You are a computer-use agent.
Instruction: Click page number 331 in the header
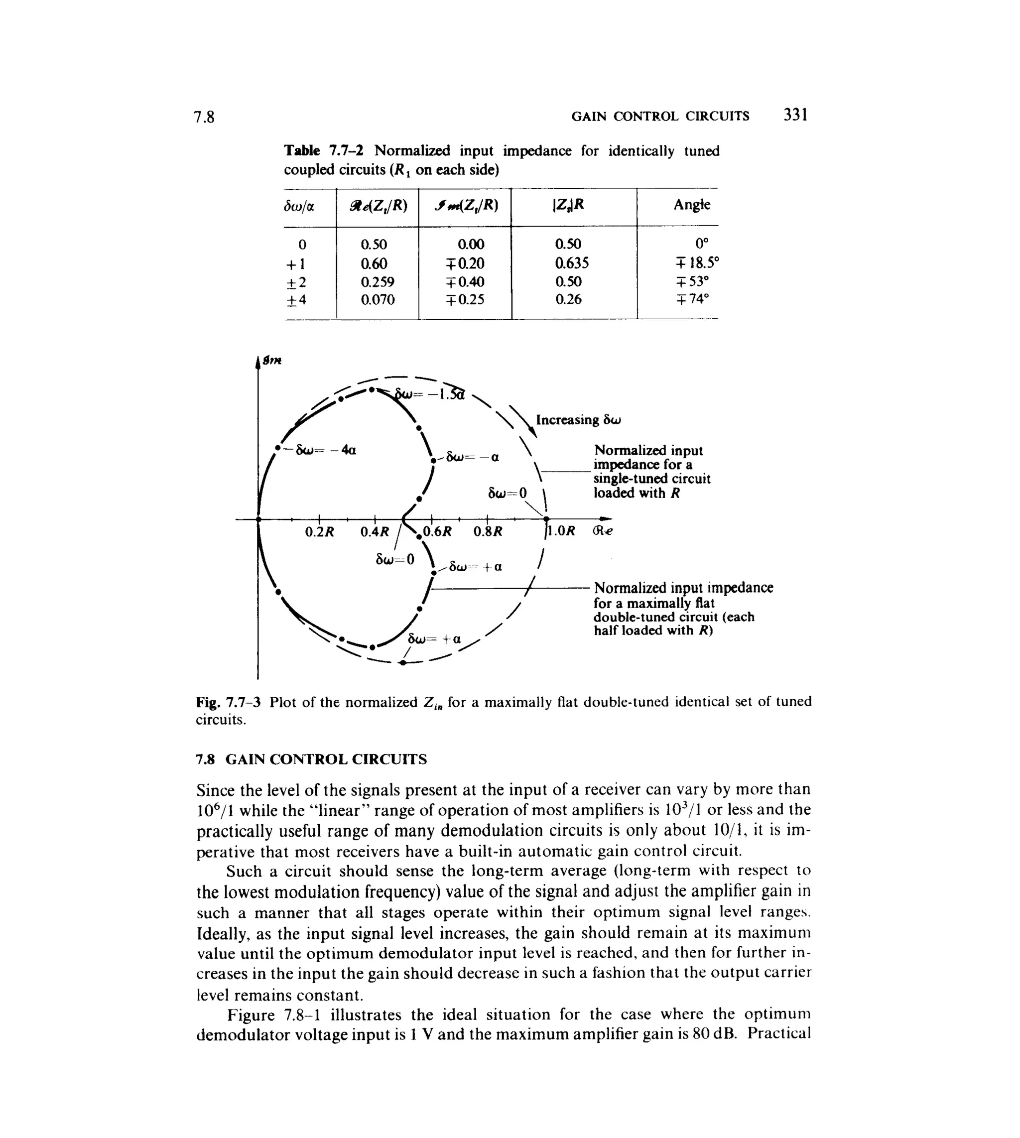(795, 115)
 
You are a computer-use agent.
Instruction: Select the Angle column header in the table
(692, 205)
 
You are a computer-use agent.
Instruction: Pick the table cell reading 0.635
(572, 263)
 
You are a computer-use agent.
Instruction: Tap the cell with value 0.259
(377, 281)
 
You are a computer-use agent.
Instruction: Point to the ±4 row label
(296, 300)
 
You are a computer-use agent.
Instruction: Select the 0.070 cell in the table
(377, 300)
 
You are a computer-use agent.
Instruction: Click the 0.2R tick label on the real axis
(319, 532)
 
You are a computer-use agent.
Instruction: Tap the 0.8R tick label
(488, 532)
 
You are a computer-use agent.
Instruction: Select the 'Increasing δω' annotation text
(578, 420)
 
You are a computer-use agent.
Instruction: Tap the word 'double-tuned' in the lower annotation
(628, 617)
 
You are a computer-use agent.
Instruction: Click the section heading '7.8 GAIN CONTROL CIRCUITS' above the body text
(311, 759)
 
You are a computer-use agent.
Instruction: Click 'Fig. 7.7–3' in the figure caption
(228, 702)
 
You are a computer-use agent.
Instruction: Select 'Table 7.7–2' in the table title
(323, 151)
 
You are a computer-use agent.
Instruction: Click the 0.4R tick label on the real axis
(375, 532)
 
